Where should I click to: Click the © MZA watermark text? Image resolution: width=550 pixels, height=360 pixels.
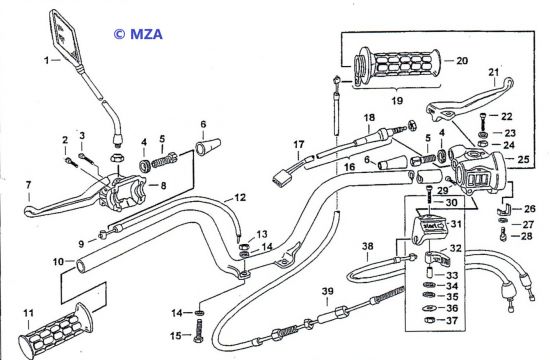pos(138,34)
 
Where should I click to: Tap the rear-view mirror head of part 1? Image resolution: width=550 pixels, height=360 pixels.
pos(66,37)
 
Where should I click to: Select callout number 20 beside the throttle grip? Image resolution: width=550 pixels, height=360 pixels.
pos(462,61)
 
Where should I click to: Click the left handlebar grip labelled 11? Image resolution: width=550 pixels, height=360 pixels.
pos(56,329)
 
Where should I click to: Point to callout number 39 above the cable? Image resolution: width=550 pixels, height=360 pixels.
pos(328,291)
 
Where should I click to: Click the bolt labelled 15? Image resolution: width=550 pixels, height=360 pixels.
pos(198,331)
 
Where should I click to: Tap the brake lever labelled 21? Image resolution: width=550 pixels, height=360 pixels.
pos(470,99)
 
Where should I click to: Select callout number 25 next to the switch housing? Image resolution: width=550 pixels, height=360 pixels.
pos(523,159)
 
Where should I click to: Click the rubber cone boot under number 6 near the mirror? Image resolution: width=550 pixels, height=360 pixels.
pos(208,146)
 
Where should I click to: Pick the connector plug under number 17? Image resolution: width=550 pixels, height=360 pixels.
pos(278,179)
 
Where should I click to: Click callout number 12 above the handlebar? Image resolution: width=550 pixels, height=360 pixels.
pos(240,198)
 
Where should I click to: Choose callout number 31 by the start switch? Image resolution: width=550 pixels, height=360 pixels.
pos(456,224)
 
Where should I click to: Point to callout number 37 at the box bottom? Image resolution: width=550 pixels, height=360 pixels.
pos(452,320)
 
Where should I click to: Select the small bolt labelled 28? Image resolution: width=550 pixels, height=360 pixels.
pos(503,234)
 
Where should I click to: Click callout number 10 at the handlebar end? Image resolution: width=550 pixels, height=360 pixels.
pos(58,262)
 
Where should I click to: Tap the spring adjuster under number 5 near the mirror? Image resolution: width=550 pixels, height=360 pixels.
pos(164,159)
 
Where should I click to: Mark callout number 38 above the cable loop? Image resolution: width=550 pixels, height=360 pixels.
pos(368,246)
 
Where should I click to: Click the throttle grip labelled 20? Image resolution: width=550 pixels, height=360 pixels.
pos(396,65)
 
